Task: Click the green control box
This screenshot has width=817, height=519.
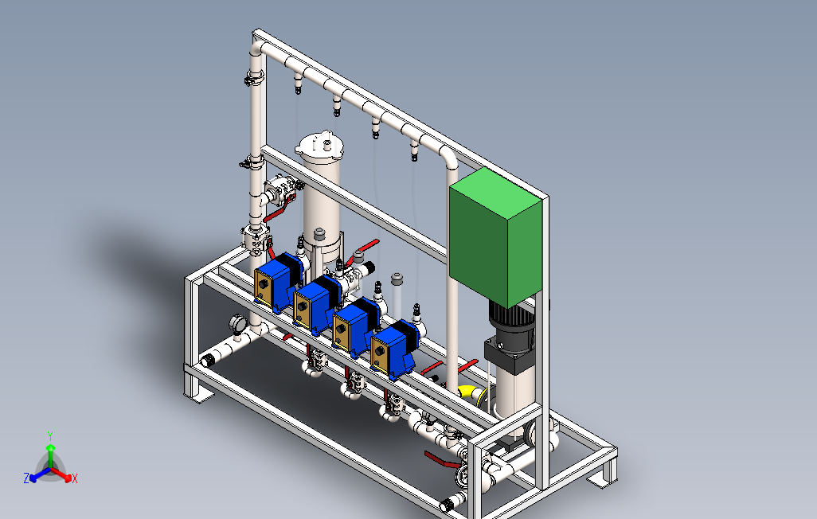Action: point(495,237)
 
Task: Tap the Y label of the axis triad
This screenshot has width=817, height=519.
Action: point(50,435)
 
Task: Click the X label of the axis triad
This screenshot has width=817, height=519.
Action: point(75,478)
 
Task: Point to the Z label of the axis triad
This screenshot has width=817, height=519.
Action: point(26,478)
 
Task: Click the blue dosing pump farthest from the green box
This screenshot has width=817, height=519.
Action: point(276,281)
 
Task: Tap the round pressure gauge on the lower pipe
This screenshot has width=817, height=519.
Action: point(237,323)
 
